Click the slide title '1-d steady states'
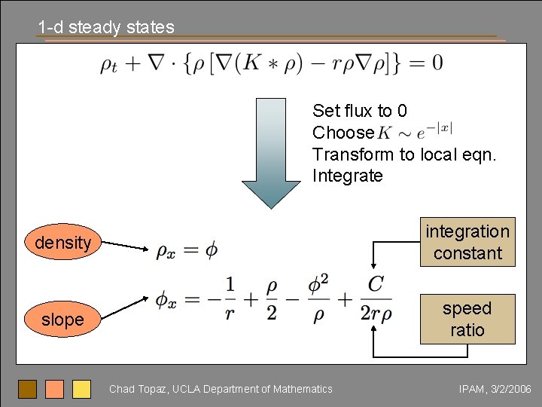(x=106, y=28)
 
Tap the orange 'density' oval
(x=62, y=243)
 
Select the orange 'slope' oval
(x=62, y=320)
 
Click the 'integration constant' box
(x=467, y=242)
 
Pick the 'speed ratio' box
(x=467, y=319)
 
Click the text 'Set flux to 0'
(x=360, y=112)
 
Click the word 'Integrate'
(x=348, y=176)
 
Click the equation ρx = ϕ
(x=187, y=250)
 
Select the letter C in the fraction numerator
(x=375, y=285)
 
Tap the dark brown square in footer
(x=28, y=389)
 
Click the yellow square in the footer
(x=81, y=389)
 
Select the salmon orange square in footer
(x=54, y=389)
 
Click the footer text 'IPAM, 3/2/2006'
(x=495, y=389)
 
